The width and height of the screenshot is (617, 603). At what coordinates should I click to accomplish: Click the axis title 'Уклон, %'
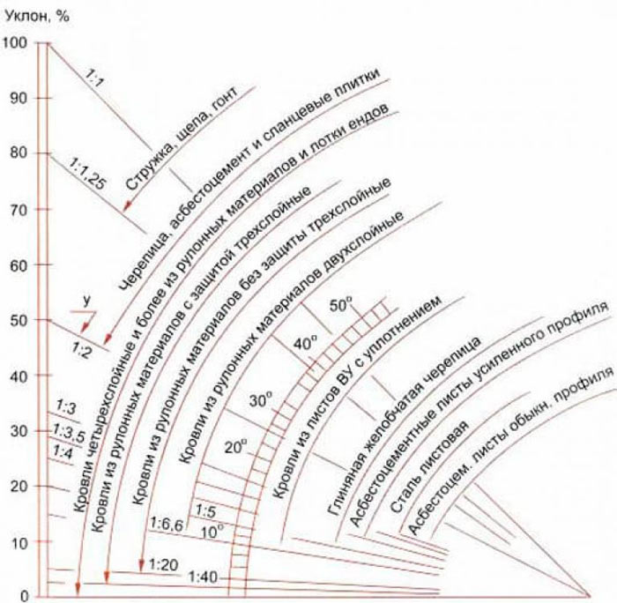point(37,16)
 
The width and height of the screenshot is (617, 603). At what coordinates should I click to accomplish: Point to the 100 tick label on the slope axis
point(15,42)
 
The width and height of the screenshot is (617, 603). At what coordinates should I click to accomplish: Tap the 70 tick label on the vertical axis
point(19,209)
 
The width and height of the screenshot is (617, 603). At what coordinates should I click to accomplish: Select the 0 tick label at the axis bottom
point(25,596)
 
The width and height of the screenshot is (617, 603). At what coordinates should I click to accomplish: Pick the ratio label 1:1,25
point(88,174)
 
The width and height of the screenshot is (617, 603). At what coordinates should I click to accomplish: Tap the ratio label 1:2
point(81,349)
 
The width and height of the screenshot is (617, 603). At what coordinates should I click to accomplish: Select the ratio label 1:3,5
point(70,432)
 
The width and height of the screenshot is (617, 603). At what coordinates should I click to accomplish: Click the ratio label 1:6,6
point(167,524)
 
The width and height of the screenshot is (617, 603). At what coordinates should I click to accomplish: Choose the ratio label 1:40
point(203,577)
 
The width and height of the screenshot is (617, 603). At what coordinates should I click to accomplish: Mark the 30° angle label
point(261,401)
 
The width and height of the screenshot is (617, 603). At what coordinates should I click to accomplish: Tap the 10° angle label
point(212,532)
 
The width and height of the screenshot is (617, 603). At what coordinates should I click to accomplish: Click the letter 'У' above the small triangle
point(86,301)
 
